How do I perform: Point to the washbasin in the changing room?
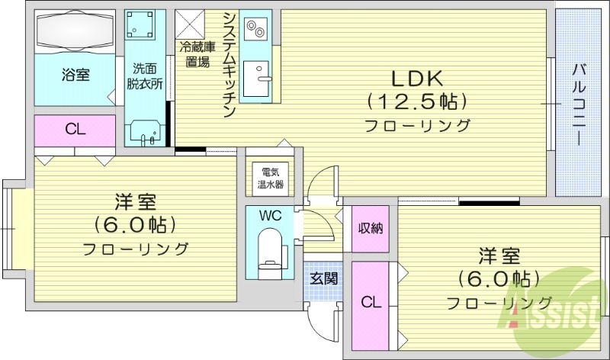(x=145, y=131)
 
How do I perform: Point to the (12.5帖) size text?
(x=416, y=101)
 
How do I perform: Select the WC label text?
(x=271, y=216)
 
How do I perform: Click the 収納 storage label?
(x=371, y=228)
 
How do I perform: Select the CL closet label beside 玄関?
(x=371, y=301)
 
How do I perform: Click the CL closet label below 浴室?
(x=75, y=129)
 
